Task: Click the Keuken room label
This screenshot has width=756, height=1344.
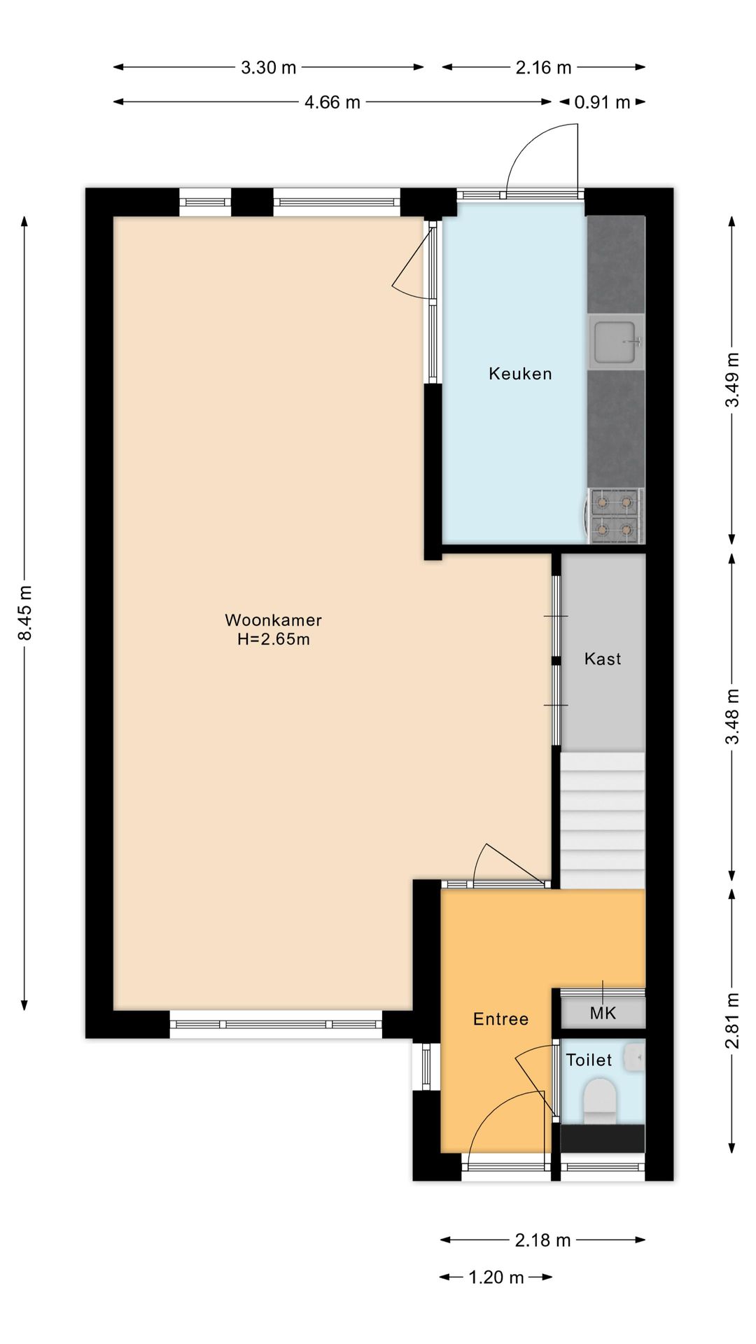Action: pyautogui.click(x=520, y=374)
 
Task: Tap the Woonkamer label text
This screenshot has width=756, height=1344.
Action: pyautogui.click(x=273, y=620)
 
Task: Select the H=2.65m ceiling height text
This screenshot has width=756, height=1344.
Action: pyautogui.click(x=274, y=639)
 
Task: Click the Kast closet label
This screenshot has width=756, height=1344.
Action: pyautogui.click(x=603, y=659)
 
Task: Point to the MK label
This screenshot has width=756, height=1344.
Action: pyautogui.click(x=603, y=1013)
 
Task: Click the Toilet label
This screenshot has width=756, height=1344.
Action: pyautogui.click(x=589, y=1060)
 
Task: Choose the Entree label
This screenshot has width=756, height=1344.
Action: pyautogui.click(x=500, y=1019)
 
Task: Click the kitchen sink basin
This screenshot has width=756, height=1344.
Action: pyautogui.click(x=615, y=342)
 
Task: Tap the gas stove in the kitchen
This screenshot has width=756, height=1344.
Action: pyautogui.click(x=614, y=516)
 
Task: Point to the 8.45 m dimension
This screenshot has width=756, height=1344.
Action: pyautogui.click(x=25, y=613)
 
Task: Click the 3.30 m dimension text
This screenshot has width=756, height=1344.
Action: pyautogui.click(x=269, y=68)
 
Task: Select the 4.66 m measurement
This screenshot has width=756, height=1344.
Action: pyautogui.click(x=332, y=103)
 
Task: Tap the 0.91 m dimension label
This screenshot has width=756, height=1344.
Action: pyautogui.click(x=603, y=103)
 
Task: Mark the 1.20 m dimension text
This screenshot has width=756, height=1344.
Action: pyautogui.click(x=496, y=1277)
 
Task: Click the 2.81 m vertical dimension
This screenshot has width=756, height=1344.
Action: pyautogui.click(x=732, y=1021)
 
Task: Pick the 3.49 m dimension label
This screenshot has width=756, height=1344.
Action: pyautogui.click(x=732, y=379)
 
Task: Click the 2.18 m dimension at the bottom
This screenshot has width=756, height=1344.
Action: pyautogui.click(x=543, y=1240)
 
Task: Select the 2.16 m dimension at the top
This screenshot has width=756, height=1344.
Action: pyautogui.click(x=544, y=68)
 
